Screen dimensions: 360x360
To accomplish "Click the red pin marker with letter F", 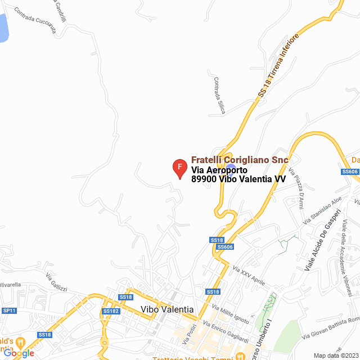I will coord(179,168).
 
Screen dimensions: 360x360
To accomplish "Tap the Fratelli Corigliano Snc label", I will coord(240,160).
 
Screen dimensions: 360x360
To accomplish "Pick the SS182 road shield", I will coord(111,311).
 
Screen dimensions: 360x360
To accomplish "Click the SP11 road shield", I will coord(9,310).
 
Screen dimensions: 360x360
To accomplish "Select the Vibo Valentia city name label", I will coord(167,310).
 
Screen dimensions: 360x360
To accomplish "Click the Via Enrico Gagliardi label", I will coord(225,330).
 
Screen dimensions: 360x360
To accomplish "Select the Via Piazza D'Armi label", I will coord(296,187).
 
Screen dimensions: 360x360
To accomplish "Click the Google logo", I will coord(19,353).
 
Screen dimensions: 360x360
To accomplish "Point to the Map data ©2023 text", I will coord(335,355).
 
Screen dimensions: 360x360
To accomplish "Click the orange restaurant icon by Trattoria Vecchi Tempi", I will coord(240,356).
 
